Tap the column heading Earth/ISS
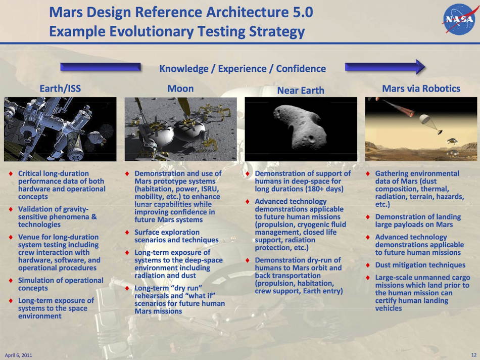click(x=60, y=88)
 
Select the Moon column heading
click(x=180, y=88)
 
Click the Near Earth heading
click(x=301, y=91)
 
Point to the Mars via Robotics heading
click(x=421, y=88)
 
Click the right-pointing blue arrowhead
click(x=419, y=67)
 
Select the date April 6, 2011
click(x=18, y=355)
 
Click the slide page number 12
click(x=474, y=355)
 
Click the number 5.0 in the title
click(x=301, y=12)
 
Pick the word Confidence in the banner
click(x=301, y=69)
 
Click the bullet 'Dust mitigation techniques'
click(x=420, y=265)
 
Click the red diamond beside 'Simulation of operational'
click(x=11, y=280)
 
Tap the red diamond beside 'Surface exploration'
click(x=127, y=232)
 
